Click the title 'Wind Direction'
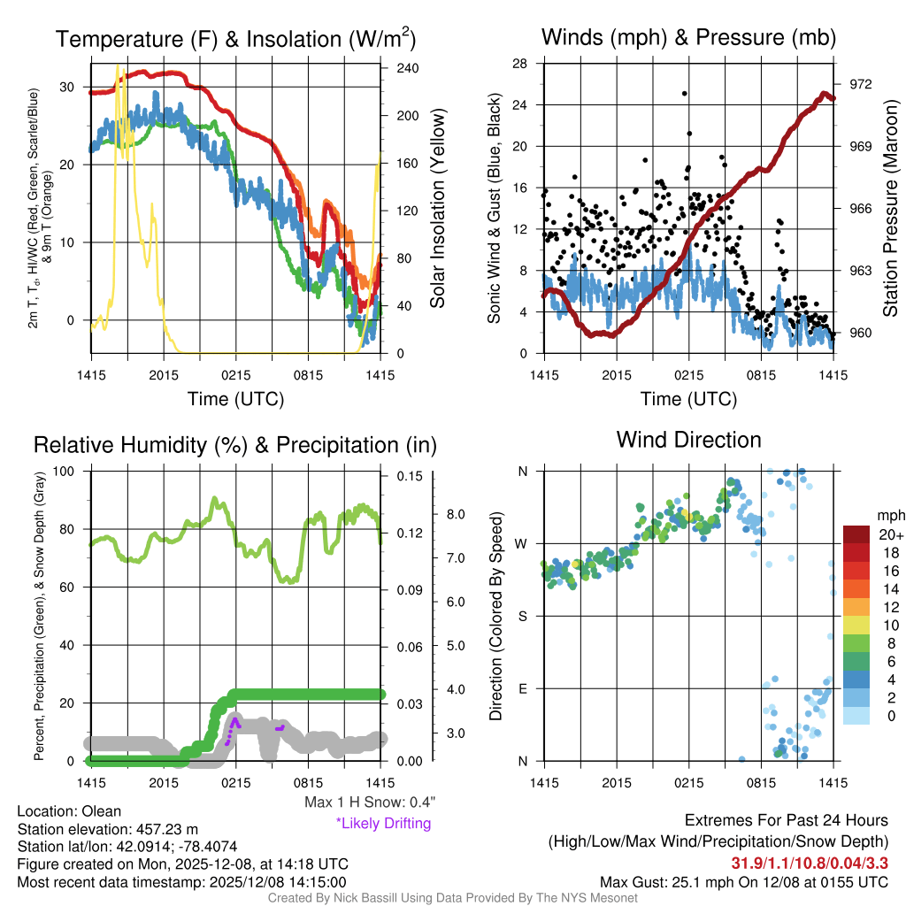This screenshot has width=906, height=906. [688, 440]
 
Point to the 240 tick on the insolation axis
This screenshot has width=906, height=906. [407, 68]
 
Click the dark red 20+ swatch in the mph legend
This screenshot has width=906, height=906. [857, 535]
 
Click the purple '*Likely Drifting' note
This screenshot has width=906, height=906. [383, 823]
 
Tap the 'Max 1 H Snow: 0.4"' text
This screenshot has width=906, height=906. [369, 802]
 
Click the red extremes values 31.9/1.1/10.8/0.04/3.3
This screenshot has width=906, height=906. [810, 863]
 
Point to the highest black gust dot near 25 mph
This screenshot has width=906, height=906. [684, 93]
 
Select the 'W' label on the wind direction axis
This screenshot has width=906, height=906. [522, 543]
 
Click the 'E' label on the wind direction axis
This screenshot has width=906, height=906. [523, 688]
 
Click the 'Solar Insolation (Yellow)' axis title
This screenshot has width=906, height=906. [437, 208]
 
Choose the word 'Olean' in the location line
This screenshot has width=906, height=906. [102, 810]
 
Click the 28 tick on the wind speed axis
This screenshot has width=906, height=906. [521, 64]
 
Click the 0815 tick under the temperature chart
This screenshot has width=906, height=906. [307, 374]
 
